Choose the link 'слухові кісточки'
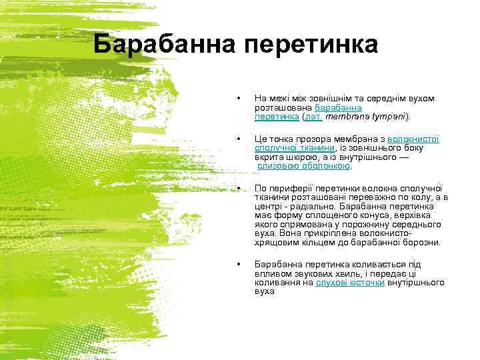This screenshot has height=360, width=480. tap(350, 283)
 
